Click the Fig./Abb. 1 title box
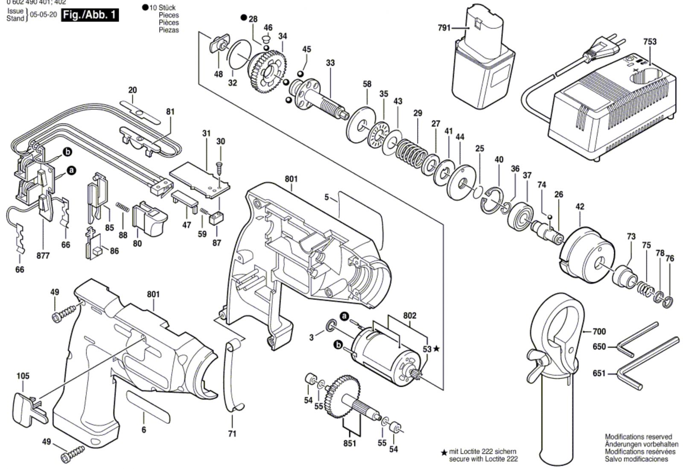[x=90, y=15]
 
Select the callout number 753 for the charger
[x=650, y=42]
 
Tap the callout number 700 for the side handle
[x=599, y=332]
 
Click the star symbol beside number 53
[x=436, y=349]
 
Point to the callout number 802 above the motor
[x=409, y=316]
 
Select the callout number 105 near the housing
[x=23, y=376]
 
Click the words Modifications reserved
[x=638, y=437]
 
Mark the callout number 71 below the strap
[x=232, y=434]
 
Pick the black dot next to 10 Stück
[x=145, y=8]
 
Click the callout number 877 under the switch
[x=43, y=256]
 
